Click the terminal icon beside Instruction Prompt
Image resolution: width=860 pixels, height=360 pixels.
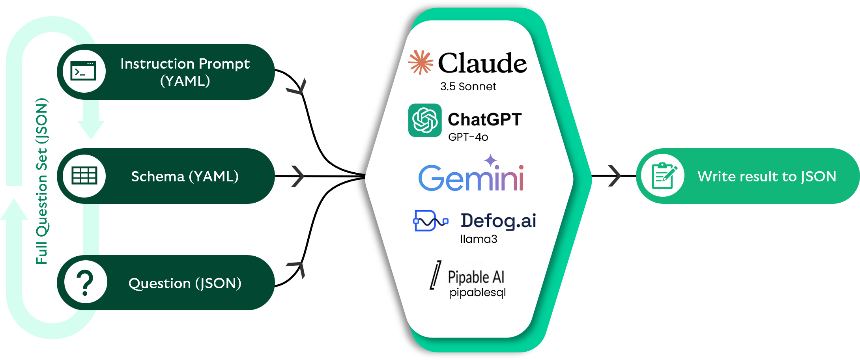tap(83, 71)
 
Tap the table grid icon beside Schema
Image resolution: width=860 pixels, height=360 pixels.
tap(84, 175)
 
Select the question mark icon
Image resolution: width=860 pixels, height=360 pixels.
tap(85, 283)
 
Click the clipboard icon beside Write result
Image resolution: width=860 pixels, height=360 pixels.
tap(664, 176)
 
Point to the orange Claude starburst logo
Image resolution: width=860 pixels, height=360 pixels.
tap(421, 62)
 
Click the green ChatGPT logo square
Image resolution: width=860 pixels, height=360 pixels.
tap(425, 120)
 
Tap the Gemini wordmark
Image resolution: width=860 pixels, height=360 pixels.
tap(471, 177)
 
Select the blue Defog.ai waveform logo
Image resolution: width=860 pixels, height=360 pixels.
tap(430, 221)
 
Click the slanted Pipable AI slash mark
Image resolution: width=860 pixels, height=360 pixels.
tap(436, 275)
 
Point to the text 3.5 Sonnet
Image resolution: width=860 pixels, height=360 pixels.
tap(468, 87)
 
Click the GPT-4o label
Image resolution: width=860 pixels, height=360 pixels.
tap(468, 137)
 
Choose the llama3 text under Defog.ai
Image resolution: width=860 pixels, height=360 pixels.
tap(479, 239)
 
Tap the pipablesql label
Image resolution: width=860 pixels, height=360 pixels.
tap(478, 293)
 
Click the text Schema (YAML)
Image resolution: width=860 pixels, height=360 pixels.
tap(185, 176)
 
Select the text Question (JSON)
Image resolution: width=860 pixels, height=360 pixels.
tap(185, 283)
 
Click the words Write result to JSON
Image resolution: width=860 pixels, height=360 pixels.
tap(767, 176)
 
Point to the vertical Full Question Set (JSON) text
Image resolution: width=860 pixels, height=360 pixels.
tap(42, 181)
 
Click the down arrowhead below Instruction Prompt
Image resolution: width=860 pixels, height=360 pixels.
tap(91, 128)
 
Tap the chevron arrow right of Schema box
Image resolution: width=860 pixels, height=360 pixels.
tap(298, 176)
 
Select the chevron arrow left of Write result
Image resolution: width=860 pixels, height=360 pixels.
tap(615, 176)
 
